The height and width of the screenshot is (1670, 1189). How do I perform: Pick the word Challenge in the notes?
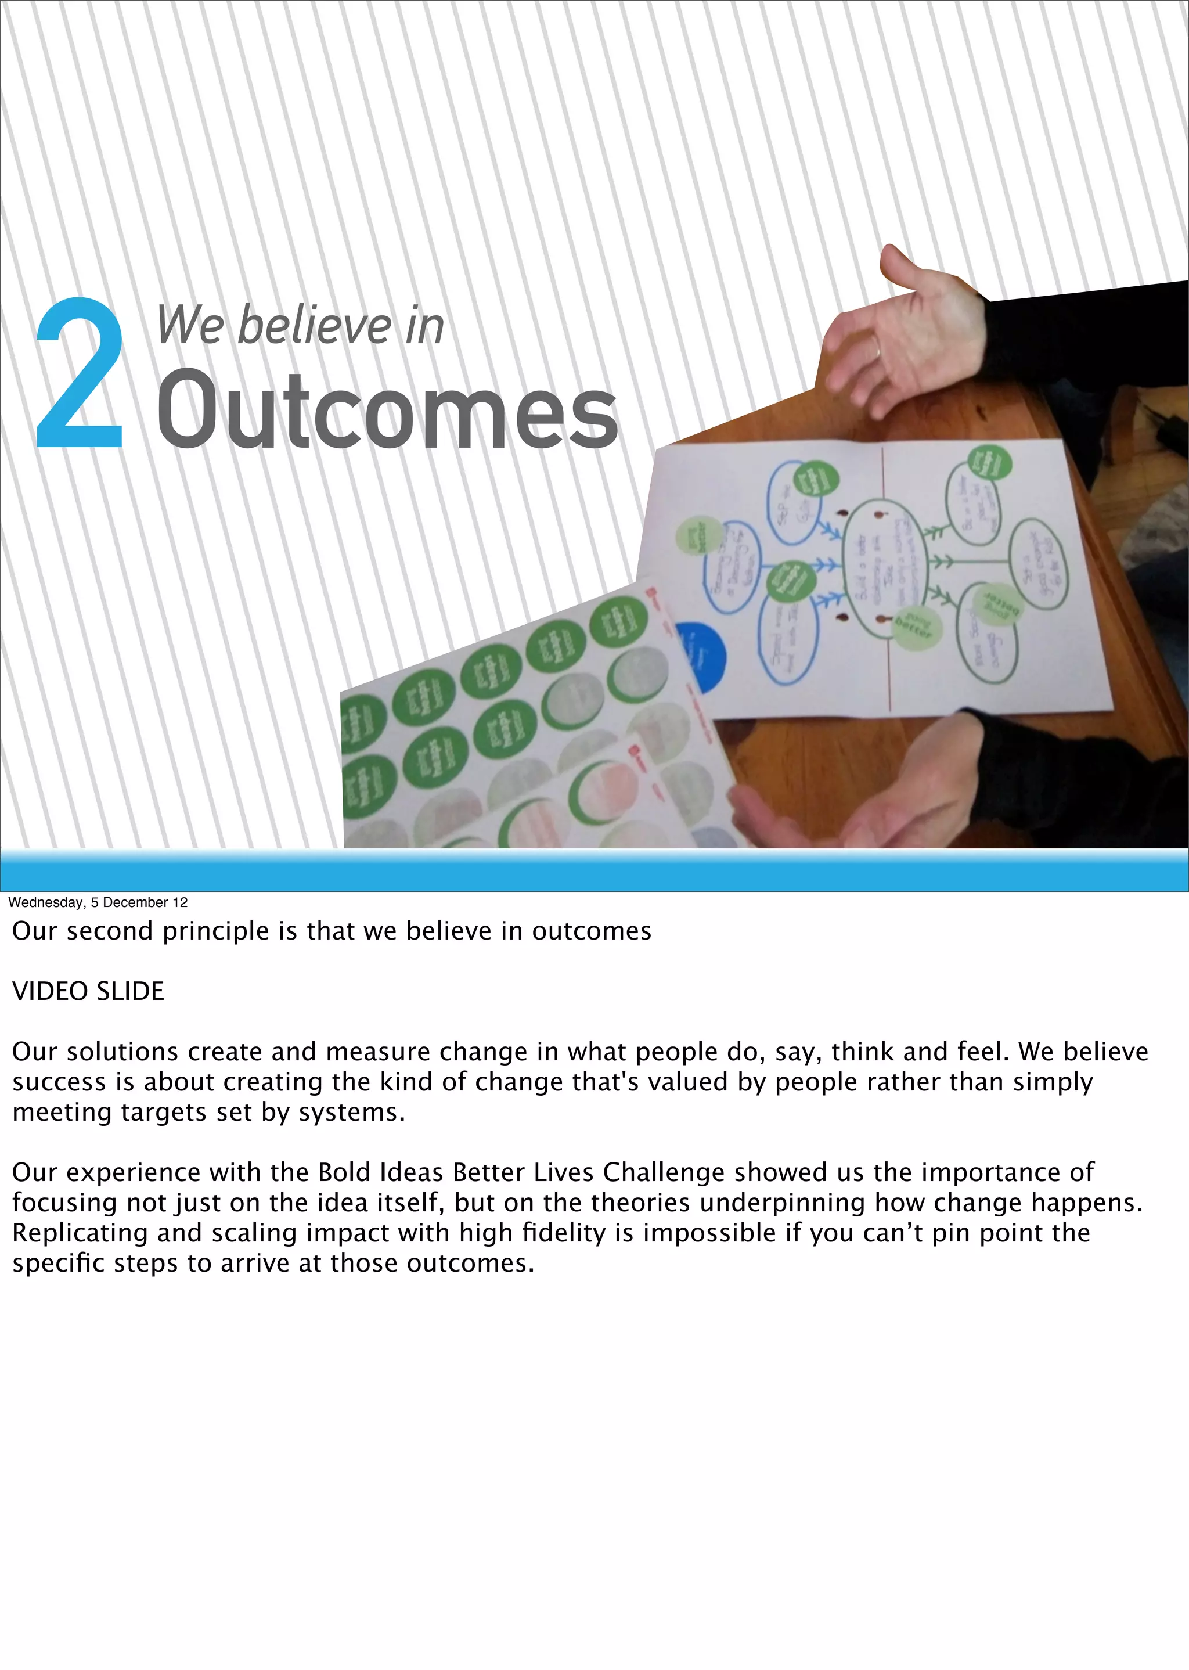coord(664,1172)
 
